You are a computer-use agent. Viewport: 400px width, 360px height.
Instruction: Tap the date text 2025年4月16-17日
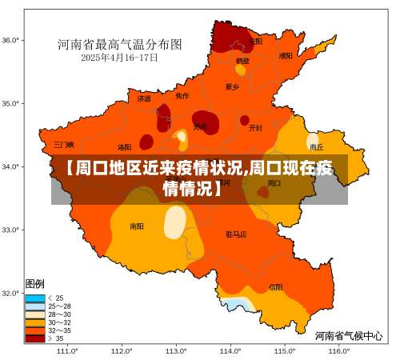coord(120,58)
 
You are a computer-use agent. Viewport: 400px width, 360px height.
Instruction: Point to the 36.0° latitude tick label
coord(11,39)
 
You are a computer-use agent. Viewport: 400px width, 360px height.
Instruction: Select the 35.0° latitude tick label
coord(11,103)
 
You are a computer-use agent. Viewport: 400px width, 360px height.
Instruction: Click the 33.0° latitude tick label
coord(11,230)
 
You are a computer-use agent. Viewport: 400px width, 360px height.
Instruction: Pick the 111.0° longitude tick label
coord(67,350)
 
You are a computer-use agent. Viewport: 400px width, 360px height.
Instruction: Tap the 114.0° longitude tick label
coord(230,350)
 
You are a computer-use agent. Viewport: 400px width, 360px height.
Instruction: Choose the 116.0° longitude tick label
coord(338,350)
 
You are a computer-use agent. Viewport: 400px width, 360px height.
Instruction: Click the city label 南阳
coord(137,226)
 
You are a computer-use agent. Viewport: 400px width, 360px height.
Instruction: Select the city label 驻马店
coord(236,234)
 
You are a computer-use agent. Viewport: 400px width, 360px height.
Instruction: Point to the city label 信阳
coord(275,286)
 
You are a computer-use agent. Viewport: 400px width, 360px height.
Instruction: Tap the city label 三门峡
coord(64,145)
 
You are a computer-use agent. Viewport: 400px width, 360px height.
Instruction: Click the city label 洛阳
coord(124,147)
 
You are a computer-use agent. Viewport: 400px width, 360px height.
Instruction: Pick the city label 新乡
coord(232,86)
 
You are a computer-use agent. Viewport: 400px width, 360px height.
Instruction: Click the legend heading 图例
coord(34,284)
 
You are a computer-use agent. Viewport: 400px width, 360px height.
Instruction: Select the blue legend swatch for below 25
coord(35,298)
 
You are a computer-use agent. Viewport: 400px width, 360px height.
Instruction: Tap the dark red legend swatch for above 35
coord(35,338)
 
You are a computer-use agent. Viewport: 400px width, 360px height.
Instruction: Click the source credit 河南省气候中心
coord(349,335)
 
